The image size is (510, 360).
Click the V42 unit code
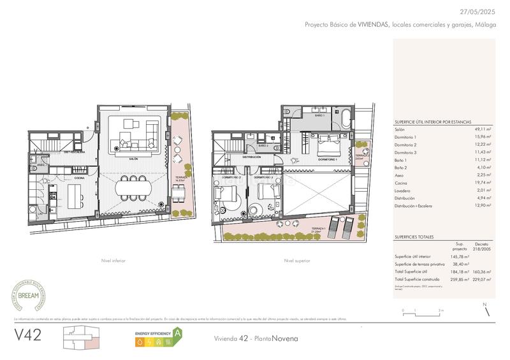click(27, 335)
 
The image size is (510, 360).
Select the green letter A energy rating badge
click(178, 332)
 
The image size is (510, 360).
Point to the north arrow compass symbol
click(486, 308)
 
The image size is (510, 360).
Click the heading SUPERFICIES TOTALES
click(414, 236)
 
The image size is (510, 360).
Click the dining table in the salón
click(133, 187)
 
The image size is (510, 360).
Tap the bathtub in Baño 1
click(345, 118)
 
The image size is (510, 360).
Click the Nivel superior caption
click(298, 261)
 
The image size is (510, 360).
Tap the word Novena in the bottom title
click(284, 338)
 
